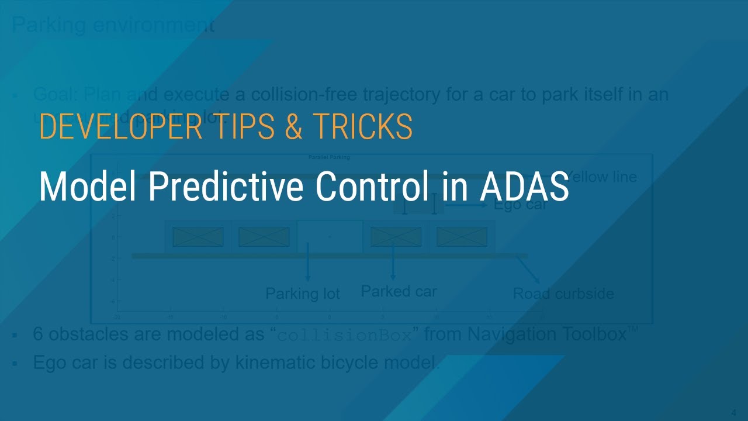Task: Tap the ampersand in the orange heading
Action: click(x=294, y=126)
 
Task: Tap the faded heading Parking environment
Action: click(x=113, y=25)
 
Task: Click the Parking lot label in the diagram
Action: click(x=303, y=293)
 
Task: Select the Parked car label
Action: click(x=399, y=291)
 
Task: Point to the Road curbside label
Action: click(x=563, y=294)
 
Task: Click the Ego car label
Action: click(x=520, y=205)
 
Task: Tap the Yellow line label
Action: click(x=602, y=177)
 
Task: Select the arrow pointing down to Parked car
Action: click(x=393, y=260)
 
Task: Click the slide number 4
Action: click(x=733, y=410)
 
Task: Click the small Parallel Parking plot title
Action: click(x=329, y=157)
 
